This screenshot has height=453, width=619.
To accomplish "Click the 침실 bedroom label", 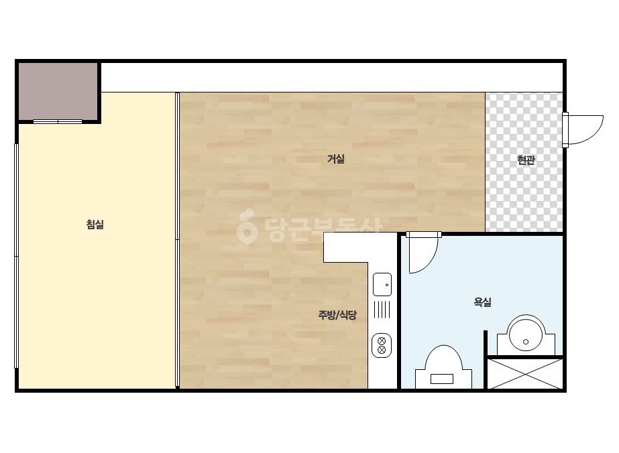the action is coord(95,224).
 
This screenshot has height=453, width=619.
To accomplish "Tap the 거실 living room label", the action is coord(336,159).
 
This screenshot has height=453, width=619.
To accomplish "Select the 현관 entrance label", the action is coord(526,159).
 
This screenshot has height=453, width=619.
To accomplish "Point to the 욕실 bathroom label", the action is coord(482,302).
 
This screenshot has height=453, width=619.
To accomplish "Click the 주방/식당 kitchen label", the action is coord(337,314).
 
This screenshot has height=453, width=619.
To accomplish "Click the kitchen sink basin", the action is coord(382,284).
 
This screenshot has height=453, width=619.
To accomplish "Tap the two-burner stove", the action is coord(382,345).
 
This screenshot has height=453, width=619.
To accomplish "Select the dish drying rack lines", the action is coord(382,310).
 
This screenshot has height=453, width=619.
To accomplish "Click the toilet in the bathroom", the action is coord(444,367).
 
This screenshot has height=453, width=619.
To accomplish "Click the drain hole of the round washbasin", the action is coord(525,342).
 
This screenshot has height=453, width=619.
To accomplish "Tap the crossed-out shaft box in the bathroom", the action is coord(525,374).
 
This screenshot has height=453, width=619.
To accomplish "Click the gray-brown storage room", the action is coord(58,91).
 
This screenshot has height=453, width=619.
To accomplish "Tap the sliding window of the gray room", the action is coord(58,121).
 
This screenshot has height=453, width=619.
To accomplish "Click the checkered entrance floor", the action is coord(524,161).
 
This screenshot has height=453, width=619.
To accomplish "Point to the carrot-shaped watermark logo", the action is coord(247,226).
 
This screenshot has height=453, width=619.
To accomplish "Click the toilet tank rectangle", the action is coord(442,379).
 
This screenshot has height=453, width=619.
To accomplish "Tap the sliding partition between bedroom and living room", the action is coord(177,240).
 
